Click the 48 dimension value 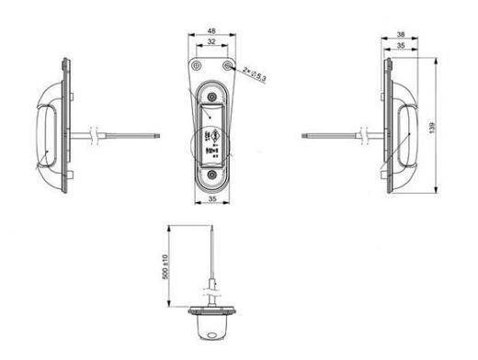(x=211, y=31)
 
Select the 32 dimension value (x=211, y=41)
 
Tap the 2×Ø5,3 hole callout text (x=255, y=74)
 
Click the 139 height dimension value (x=432, y=128)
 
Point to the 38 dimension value (x=401, y=35)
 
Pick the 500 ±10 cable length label (x=165, y=266)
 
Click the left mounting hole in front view (x=196, y=65)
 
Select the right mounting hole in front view (x=227, y=65)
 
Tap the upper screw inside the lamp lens (x=211, y=97)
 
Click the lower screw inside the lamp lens (x=211, y=174)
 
